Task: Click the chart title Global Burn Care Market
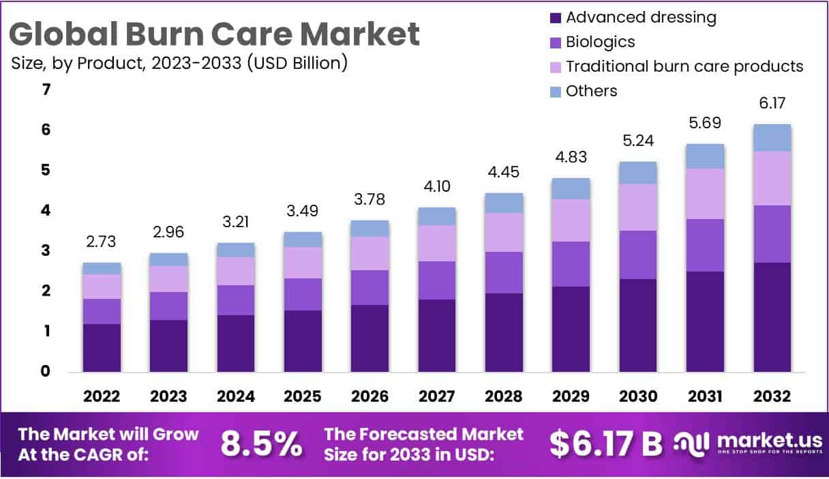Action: click(x=215, y=33)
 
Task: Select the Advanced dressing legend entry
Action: click(x=641, y=17)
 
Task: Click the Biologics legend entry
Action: click(x=600, y=42)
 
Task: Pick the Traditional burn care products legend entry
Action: click(x=684, y=66)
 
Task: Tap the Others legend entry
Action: click(x=591, y=91)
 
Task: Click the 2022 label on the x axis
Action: click(x=102, y=396)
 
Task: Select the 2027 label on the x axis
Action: click(x=437, y=396)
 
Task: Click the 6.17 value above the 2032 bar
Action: click(x=772, y=104)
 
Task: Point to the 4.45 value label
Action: click(x=504, y=173)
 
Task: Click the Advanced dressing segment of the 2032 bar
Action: click(x=772, y=317)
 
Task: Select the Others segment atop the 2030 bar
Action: click(x=638, y=173)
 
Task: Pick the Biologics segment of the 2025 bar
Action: click(x=303, y=294)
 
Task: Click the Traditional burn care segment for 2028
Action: click(x=504, y=232)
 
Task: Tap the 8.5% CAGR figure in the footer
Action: click(x=262, y=444)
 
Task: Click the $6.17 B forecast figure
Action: click(x=605, y=444)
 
